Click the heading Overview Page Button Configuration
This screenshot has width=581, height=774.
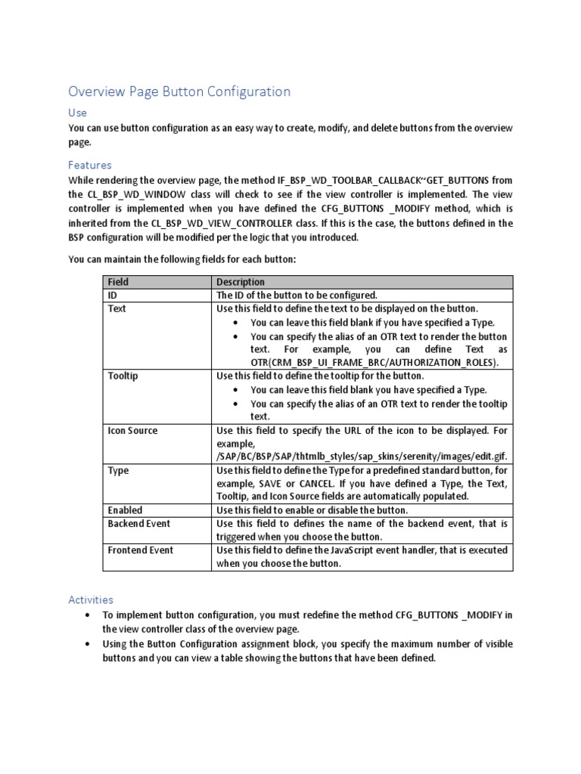pyautogui.click(x=179, y=91)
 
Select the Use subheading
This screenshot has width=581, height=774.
pyautogui.click(x=77, y=113)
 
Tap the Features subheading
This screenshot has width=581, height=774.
pyautogui.click(x=90, y=165)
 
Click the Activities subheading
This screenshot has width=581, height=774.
pyautogui.click(x=91, y=599)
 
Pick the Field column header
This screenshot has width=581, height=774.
pyautogui.click(x=119, y=282)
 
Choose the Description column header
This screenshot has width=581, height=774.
pyautogui.click(x=241, y=282)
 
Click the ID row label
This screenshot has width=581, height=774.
pyautogui.click(x=113, y=296)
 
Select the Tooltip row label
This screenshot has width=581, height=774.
pyautogui.click(x=123, y=376)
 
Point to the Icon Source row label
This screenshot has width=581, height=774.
pyautogui.click(x=132, y=430)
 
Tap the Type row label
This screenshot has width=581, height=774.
pyautogui.click(x=118, y=470)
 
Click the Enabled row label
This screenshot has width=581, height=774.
pyautogui.click(x=125, y=510)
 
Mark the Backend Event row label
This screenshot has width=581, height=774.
pyautogui.click(x=138, y=523)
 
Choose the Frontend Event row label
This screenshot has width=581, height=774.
pyautogui.click(x=140, y=550)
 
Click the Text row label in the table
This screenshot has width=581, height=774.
pyautogui.click(x=117, y=309)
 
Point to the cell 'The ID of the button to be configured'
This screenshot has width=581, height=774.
pyautogui.click(x=297, y=296)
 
